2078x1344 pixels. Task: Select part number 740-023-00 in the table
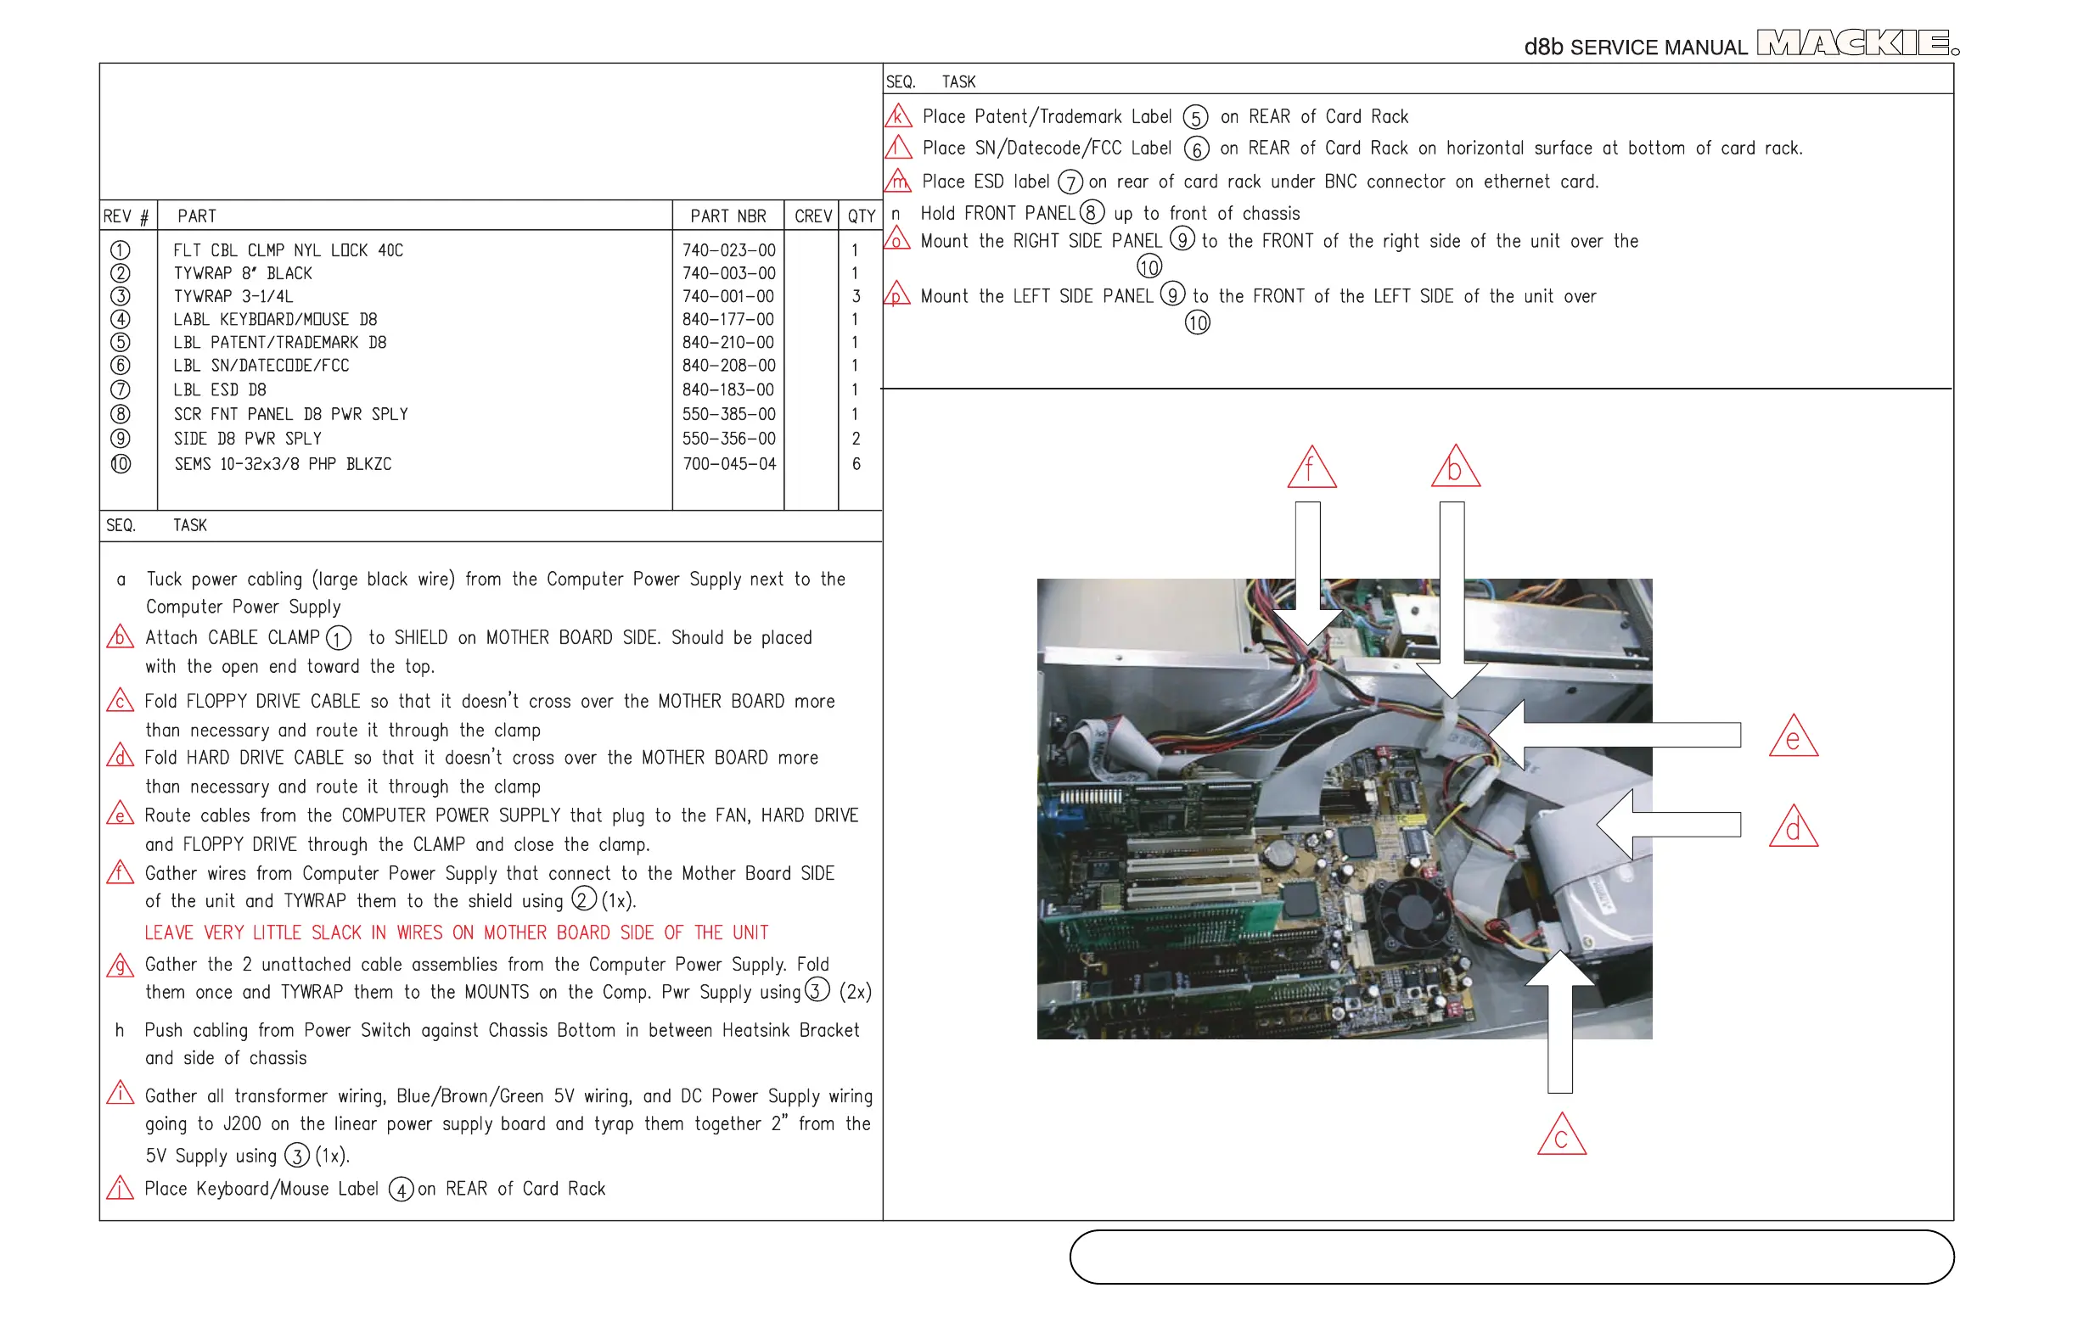(x=728, y=250)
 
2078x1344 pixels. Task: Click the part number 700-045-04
(x=728, y=464)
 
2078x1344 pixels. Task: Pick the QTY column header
(x=861, y=216)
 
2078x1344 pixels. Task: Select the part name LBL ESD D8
(x=219, y=390)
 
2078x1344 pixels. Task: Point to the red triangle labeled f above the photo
(x=1311, y=468)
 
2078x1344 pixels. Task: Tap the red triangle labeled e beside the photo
(x=1794, y=737)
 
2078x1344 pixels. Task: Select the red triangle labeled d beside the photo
(x=1794, y=827)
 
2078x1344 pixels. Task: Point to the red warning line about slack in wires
(x=456, y=933)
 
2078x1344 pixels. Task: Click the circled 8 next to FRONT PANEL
(x=1092, y=213)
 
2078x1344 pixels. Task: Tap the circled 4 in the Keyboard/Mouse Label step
(x=401, y=1190)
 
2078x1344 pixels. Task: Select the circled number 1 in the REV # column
(x=121, y=250)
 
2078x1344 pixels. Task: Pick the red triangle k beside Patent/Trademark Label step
(x=897, y=117)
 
